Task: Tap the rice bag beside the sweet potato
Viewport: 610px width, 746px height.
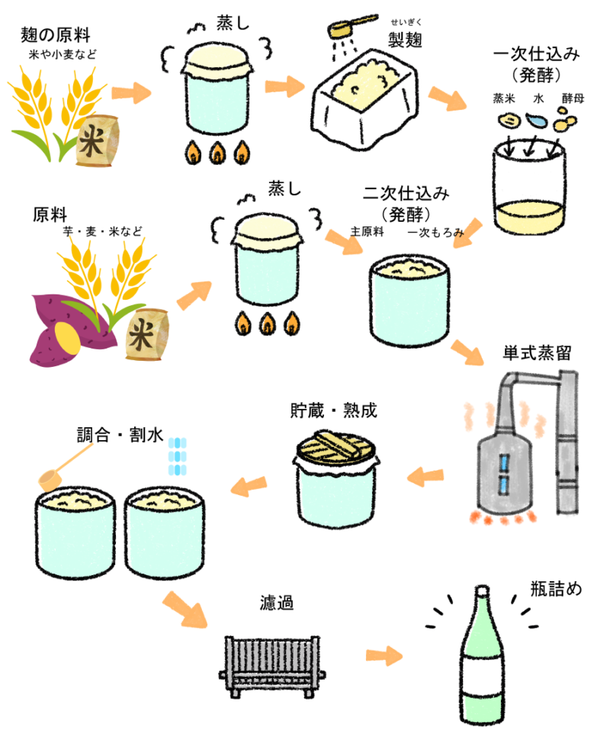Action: (146, 335)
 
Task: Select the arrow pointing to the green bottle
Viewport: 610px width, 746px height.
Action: (384, 655)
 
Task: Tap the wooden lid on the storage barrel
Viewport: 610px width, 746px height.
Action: (336, 448)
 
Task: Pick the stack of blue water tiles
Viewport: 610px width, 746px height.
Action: (178, 456)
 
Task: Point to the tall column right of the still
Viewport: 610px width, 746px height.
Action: (568, 442)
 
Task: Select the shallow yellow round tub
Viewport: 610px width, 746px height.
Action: (530, 217)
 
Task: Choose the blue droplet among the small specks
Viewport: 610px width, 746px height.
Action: (537, 121)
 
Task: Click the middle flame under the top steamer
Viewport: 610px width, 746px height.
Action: (218, 153)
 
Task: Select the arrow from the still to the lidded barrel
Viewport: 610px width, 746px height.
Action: (425, 477)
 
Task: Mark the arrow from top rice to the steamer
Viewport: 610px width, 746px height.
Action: (131, 93)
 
